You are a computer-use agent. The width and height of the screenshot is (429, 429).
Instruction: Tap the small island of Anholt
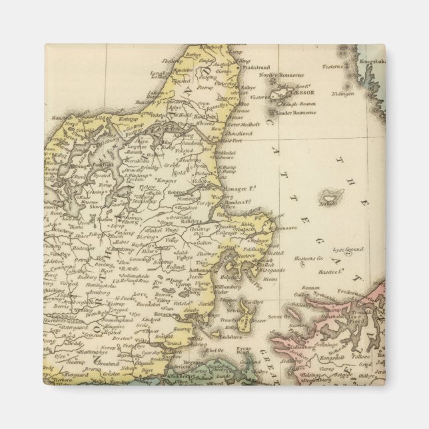pyautogui.click(x=328, y=197)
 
